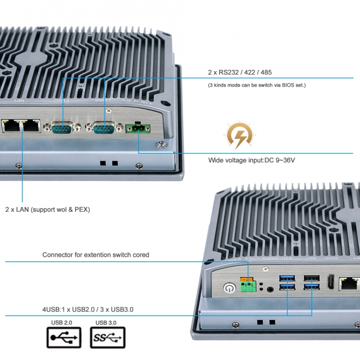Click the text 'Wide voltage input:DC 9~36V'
tap(251, 161)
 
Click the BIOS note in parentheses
tap(257, 85)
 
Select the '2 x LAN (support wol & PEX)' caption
tap(47, 209)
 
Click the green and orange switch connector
tap(248, 284)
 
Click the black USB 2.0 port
tap(311, 278)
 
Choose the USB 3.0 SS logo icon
tap(108, 337)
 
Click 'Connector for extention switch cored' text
tap(96, 255)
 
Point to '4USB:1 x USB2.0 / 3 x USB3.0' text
tap(88, 309)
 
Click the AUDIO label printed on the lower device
tap(270, 259)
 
